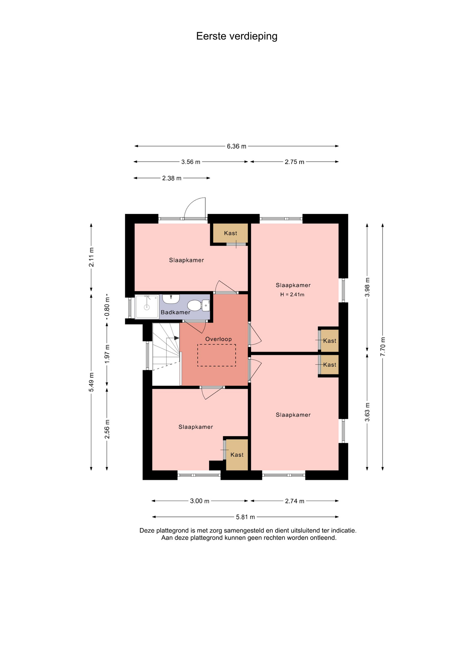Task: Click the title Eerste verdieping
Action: (237, 36)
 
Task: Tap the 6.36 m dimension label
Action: (237, 146)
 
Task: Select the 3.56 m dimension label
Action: (191, 162)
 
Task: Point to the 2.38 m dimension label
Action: (172, 178)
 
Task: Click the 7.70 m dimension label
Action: (383, 347)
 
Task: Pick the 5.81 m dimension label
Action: (245, 517)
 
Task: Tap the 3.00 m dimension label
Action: (200, 501)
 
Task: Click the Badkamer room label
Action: (176, 312)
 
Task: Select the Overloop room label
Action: (219, 339)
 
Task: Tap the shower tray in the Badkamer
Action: (147, 307)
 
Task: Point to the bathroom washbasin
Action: (171, 299)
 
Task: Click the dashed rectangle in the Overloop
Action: (216, 355)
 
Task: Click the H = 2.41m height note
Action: (292, 295)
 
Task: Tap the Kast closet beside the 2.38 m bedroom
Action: (231, 233)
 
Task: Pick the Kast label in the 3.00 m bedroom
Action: (237, 455)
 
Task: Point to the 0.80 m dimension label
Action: (107, 306)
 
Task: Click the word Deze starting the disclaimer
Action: (147, 530)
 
